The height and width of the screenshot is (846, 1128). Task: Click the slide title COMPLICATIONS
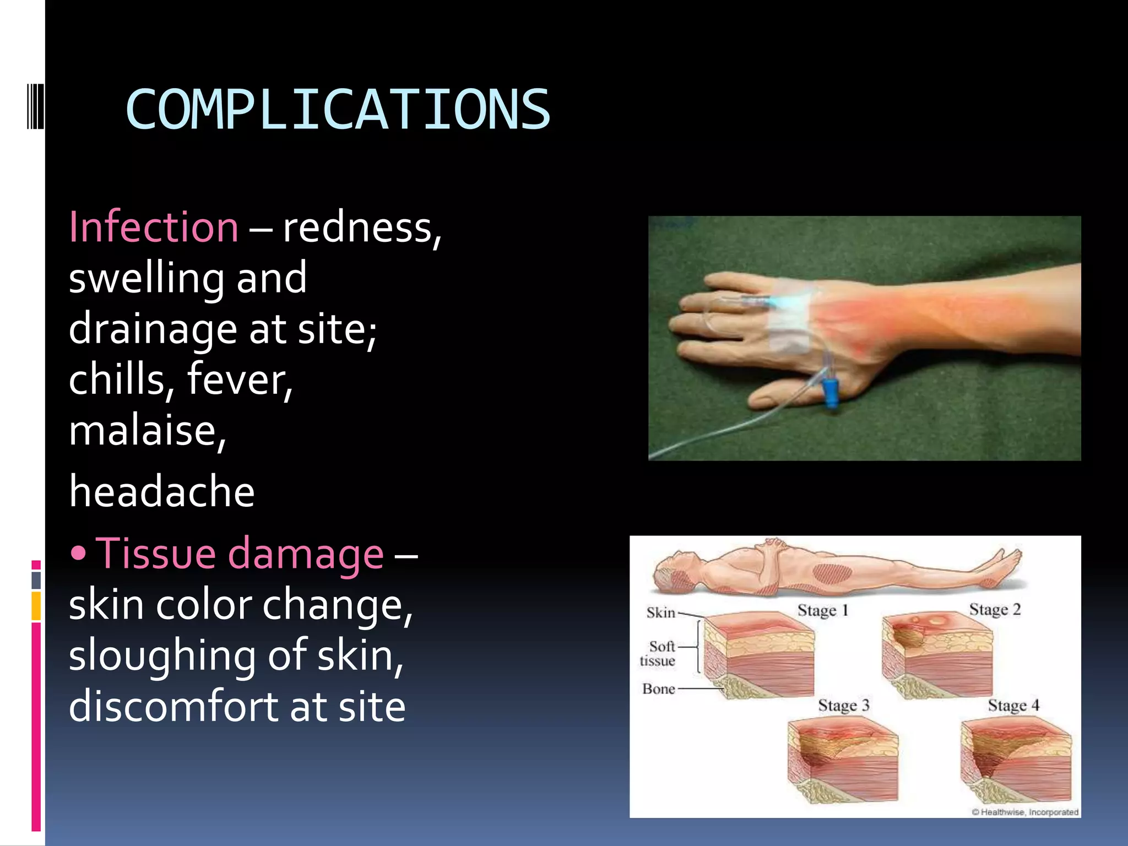[x=338, y=110]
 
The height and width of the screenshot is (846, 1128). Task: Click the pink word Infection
[x=154, y=227]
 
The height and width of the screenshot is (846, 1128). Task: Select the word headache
[x=162, y=491]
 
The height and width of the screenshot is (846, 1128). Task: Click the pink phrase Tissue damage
[x=240, y=554]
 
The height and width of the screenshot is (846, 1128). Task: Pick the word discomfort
[x=175, y=706]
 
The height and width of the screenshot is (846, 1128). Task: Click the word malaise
[x=146, y=431]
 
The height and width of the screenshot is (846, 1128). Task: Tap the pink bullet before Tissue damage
[x=79, y=554]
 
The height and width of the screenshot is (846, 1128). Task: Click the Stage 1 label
[x=822, y=610]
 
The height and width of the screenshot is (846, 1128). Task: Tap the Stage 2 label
[x=995, y=610]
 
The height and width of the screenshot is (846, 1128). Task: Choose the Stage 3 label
[x=843, y=706]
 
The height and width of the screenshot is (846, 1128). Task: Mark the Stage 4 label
[x=1013, y=706]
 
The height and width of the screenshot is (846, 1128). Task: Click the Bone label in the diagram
[x=659, y=689]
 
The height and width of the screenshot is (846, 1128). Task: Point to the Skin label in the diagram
[x=660, y=612]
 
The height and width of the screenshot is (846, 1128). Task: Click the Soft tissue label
[x=659, y=653]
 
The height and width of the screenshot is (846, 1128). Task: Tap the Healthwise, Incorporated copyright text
[x=1024, y=812]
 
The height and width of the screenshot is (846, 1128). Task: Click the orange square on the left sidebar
[x=36, y=606]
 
